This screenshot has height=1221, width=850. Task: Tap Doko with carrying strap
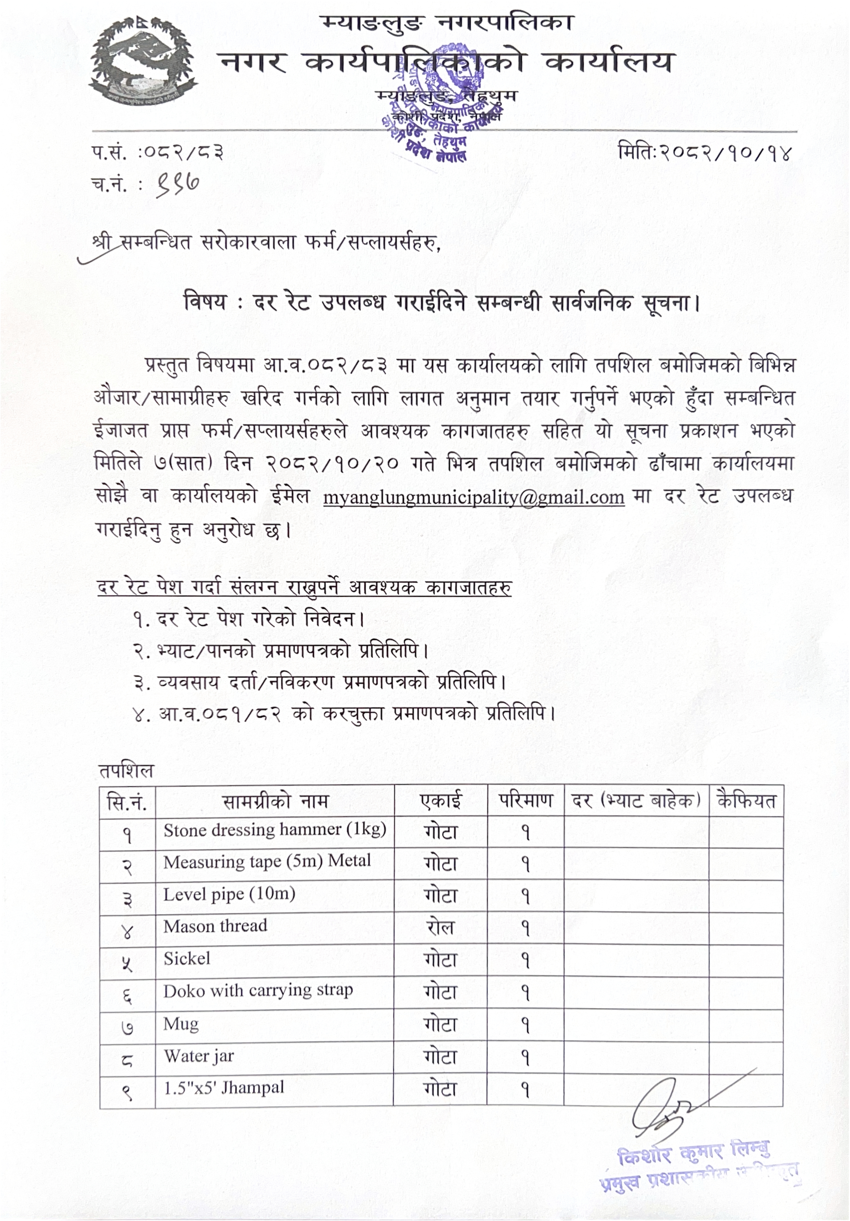tap(258, 990)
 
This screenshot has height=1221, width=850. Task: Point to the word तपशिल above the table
tap(126, 771)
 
